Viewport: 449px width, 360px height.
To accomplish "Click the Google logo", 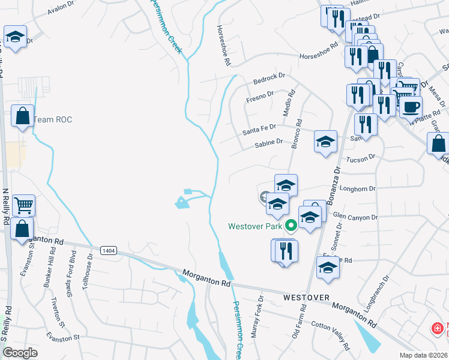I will tap(20, 353).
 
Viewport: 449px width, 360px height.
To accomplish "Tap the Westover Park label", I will tap(255, 226).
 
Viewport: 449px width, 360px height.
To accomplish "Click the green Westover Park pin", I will tap(291, 226).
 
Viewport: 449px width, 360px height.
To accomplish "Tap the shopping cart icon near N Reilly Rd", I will tap(23, 206).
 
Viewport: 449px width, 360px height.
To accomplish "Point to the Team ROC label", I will tap(52, 120).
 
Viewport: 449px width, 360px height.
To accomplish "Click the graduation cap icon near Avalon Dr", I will tap(14, 37).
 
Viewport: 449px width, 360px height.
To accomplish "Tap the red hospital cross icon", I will tap(438, 329).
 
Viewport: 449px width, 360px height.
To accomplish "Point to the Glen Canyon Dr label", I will tap(355, 217).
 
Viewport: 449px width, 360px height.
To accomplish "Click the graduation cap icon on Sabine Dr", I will tap(325, 142).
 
